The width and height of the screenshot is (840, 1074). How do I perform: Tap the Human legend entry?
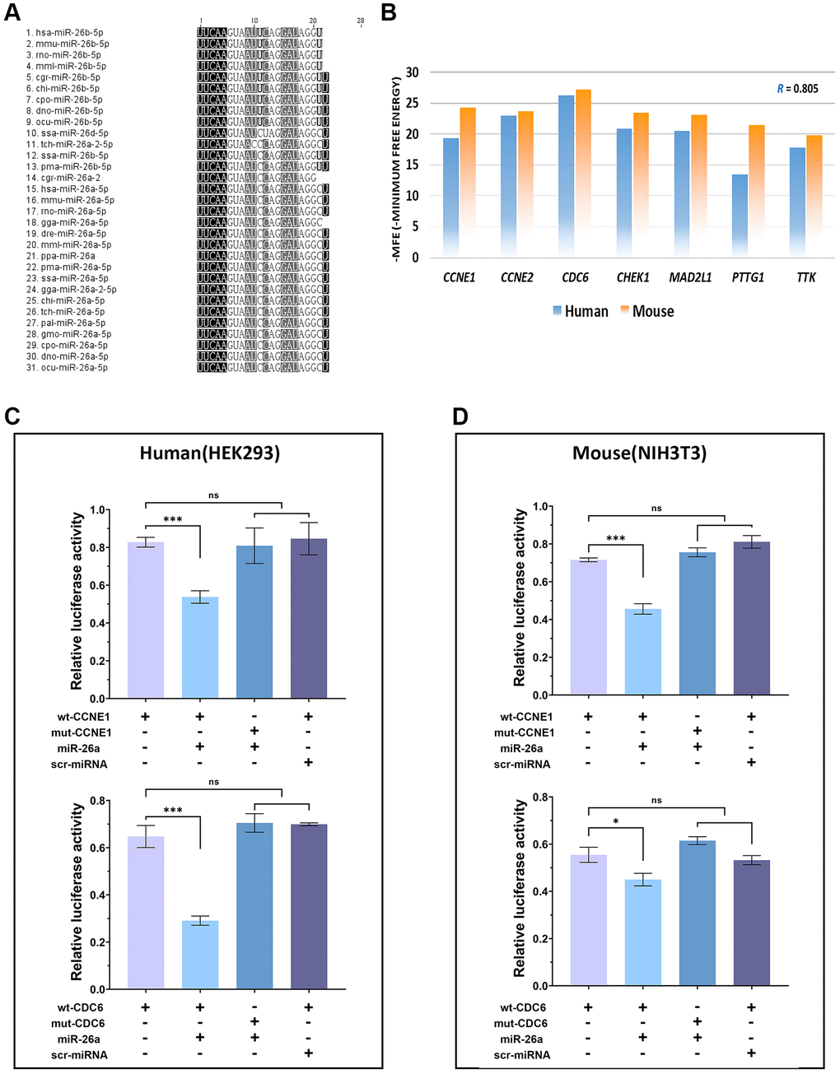point(581,311)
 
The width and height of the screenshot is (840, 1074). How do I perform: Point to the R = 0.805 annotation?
point(797,89)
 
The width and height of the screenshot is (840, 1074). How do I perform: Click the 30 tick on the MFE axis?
point(412,72)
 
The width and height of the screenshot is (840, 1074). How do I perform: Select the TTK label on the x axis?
point(805,277)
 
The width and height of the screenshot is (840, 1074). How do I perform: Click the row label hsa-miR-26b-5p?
point(69,33)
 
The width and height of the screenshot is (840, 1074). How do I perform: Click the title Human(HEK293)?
point(210,453)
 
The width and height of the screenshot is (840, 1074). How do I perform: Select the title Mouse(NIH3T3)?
point(639,453)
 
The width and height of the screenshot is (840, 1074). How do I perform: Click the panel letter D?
point(460,416)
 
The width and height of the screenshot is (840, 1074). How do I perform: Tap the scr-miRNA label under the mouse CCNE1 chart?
point(522,764)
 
